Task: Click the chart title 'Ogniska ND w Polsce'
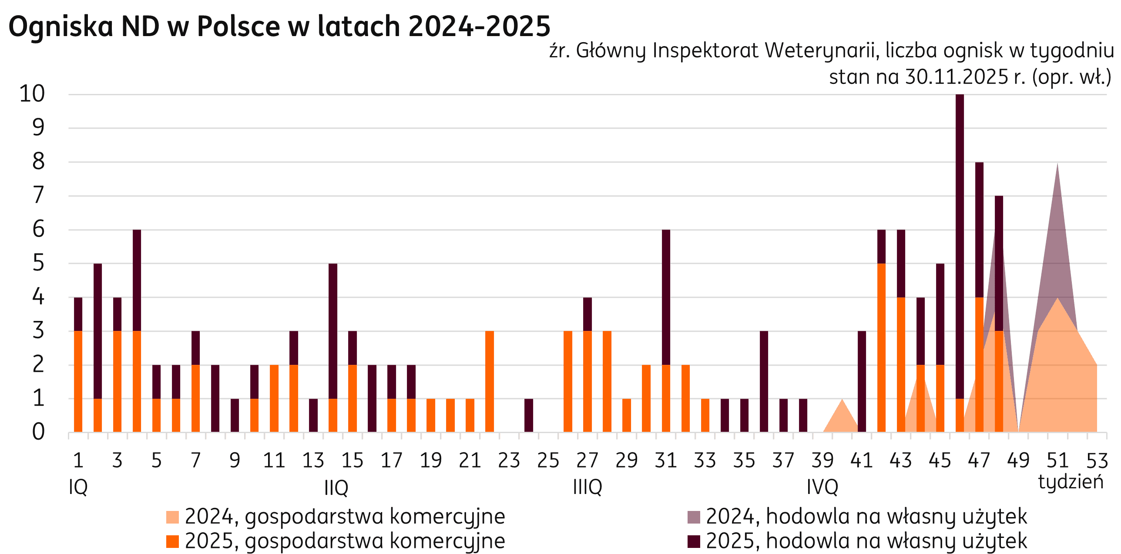(279, 26)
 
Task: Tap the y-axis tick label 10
(32, 94)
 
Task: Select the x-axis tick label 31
(665, 461)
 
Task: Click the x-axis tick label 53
(1097, 461)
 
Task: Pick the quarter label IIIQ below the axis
(587, 487)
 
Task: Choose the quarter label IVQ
(822, 487)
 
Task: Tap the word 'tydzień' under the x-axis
(1071, 482)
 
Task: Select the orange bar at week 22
(490, 382)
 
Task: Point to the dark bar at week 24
(529, 415)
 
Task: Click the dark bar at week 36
(764, 382)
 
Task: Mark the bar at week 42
(882, 348)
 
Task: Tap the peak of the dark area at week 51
(1057, 167)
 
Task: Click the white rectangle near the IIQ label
(306, 490)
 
